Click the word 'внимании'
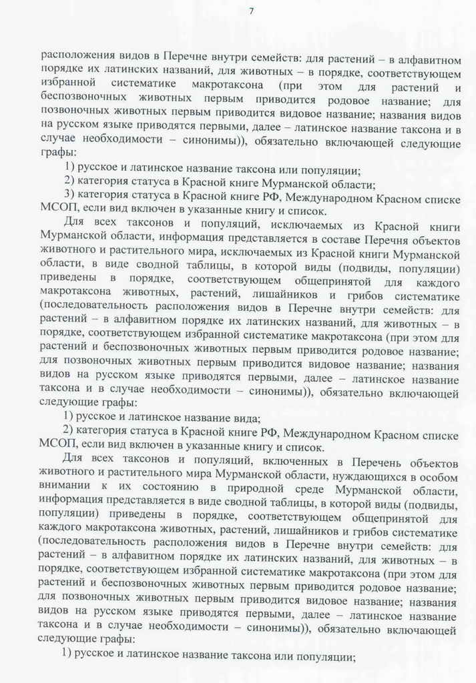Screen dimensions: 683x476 pos(63,488)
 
